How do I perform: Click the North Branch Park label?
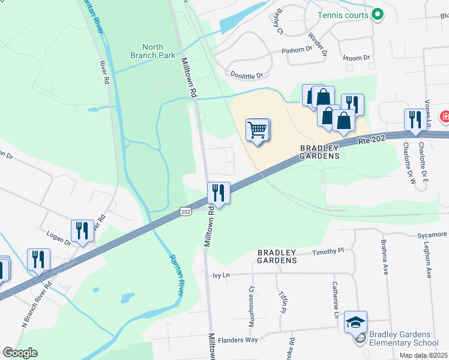(153, 51)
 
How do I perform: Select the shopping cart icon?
(258, 130)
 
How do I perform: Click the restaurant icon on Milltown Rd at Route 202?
(218, 193)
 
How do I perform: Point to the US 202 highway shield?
(185, 212)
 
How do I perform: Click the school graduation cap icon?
(356, 322)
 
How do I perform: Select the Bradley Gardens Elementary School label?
(405, 338)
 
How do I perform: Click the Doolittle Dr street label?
(247, 75)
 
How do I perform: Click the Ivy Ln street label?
(221, 275)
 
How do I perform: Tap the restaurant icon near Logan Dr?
(82, 230)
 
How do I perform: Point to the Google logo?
(20, 353)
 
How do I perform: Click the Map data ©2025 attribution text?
(423, 355)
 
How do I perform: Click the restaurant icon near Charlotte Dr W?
(415, 119)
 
